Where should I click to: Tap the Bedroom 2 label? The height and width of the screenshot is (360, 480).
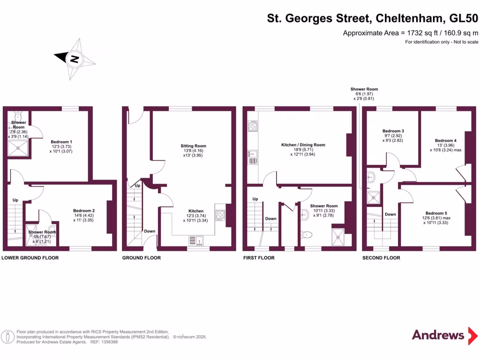84,210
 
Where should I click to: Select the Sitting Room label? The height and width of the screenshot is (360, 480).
194,146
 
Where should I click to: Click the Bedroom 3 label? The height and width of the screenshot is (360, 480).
393,131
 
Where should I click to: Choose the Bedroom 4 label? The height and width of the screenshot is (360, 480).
445,141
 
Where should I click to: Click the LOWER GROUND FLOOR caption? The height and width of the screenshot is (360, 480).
27,258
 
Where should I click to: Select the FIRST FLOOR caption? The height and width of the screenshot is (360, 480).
259,258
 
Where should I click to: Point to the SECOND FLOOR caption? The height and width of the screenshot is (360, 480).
381,258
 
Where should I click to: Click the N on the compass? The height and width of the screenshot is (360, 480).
74,59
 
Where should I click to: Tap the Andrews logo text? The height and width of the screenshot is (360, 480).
438,335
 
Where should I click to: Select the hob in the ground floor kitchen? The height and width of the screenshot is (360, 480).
220,215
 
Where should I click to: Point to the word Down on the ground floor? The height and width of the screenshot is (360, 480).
150,231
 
